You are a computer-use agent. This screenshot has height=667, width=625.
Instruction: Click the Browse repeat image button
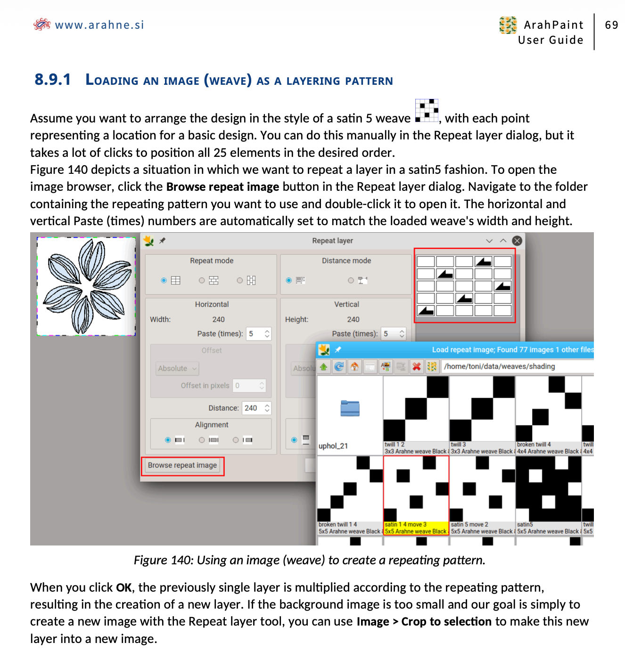click(x=182, y=465)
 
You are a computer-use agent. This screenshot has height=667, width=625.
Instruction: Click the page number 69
click(x=611, y=25)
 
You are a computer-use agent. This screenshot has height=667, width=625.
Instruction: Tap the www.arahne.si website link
click(x=99, y=25)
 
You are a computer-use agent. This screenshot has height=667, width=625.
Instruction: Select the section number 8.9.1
click(x=53, y=80)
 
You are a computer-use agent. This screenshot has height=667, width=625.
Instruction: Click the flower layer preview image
click(x=87, y=286)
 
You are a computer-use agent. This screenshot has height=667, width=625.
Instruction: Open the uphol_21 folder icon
click(x=350, y=408)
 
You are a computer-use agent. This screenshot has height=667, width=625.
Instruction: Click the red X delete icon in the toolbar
click(x=416, y=366)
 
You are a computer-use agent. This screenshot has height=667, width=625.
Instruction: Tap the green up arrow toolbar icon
click(x=324, y=366)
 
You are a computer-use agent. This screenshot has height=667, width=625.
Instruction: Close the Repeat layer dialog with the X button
click(x=517, y=241)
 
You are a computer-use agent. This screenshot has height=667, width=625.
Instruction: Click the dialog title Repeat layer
click(x=332, y=241)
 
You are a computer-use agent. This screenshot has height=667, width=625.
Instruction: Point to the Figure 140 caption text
click(x=309, y=560)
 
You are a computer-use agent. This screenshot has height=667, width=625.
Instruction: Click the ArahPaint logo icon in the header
click(x=508, y=25)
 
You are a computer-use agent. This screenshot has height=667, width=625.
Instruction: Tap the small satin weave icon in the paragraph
click(x=427, y=111)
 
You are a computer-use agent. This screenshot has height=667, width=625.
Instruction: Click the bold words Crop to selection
click(x=446, y=622)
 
